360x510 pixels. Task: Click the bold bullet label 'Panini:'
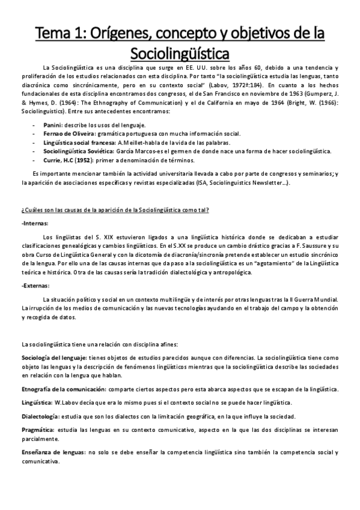[x=53, y=124]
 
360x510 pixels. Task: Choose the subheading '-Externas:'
[x=37, y=286]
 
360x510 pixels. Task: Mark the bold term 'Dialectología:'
[x=40, y=416]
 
